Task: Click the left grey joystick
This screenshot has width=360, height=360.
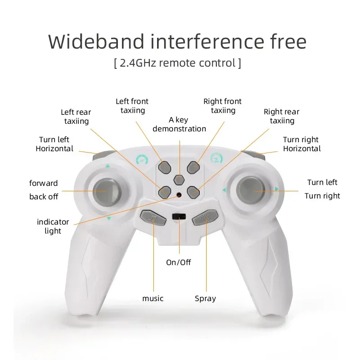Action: pos(106,191)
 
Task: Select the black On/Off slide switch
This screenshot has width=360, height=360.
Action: pos(179,216)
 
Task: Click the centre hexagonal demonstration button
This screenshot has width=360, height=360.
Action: pos(179,179)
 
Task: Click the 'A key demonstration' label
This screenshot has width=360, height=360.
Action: pos(179,124)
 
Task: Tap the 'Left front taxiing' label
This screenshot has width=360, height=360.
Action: pos(132,106)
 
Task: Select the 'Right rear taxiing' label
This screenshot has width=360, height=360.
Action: pos(282,116)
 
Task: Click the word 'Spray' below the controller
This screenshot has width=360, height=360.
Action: pos(205,298)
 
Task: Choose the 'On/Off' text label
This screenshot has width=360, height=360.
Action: pos(179,262)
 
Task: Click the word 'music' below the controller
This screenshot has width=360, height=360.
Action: pos(153,298)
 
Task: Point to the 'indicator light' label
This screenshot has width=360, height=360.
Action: pos(53,226)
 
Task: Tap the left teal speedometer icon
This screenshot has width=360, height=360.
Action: pos(142,159)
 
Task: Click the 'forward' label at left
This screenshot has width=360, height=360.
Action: pos(44,183)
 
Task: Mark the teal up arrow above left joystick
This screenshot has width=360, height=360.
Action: pos(108,166)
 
